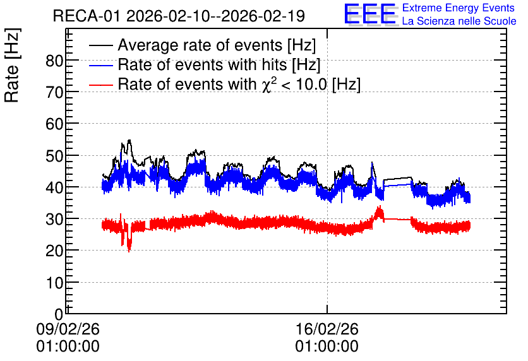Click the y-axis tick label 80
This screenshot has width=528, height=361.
[54, 61]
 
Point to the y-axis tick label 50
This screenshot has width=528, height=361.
[54, 157]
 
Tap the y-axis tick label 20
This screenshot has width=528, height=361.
[54, 251]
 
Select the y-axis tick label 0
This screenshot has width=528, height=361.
[59, 314]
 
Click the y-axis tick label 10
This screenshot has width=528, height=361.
[54, 283]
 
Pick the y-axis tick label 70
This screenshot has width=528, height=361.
[54, 93]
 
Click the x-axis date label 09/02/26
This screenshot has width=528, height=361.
[68, 329]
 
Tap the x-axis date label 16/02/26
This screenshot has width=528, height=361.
[327, 329]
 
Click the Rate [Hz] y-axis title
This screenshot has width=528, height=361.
[12, 65]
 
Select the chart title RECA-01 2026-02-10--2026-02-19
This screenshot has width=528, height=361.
[179, 16]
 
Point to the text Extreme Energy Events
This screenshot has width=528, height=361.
[459, 8]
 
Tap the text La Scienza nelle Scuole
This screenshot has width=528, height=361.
[459, 21]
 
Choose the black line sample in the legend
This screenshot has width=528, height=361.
[101, 45]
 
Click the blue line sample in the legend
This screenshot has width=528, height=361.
[101, 65]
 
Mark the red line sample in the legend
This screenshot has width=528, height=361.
[101, 85]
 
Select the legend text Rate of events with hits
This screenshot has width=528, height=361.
[202, 64]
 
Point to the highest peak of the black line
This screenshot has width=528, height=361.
[129, 140]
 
